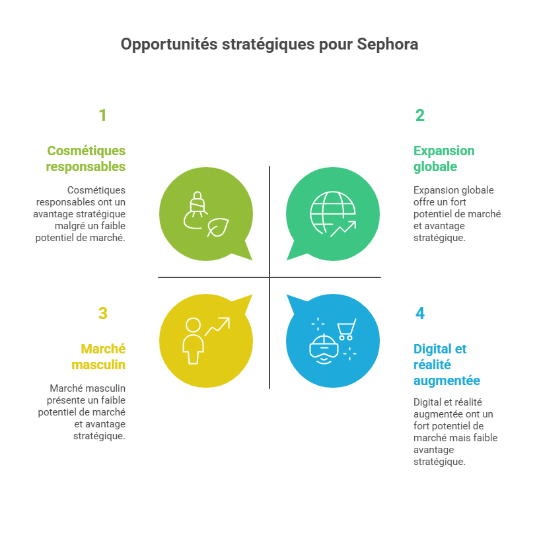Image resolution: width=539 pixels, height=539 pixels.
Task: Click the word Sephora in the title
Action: pyautogui.click(x=387, y=44)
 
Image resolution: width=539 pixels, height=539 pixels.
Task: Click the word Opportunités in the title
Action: pyautogui.click(x=169, y=45)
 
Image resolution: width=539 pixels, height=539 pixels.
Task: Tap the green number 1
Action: pyautogui.click(x=102, y=115)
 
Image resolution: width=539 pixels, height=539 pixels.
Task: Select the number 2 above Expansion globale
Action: pyautogui.click(x=419, y=115)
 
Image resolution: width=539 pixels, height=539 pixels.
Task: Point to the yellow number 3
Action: pyautogui.click(x=103, y=313)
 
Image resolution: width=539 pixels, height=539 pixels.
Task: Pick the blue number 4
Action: pyautogui.click(x=420, y=313)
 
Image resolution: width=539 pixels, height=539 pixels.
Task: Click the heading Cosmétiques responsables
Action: pyautogui.click(x=86, y=159)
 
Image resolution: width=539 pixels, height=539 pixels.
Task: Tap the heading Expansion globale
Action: pyautogui.click(x=444, y=159)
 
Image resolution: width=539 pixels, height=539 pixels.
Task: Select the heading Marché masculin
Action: pyautogui.click(x=98, y=357)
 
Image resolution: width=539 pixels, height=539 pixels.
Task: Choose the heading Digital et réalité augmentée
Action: pyautogui.click(x=447, y=365)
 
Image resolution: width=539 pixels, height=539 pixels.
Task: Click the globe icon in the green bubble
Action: pyautogui.click(x=332, y=213)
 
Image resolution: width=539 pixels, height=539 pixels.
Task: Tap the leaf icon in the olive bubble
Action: pyautogui.click(x=218, y=227)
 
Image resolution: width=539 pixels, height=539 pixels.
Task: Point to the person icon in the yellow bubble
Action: pyautogui.click(x=193, y=341)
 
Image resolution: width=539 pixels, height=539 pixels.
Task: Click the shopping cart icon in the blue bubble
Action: pyautogui.click(x=347, y=330)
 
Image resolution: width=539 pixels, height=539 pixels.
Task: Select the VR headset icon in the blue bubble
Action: pyautogui.click(x=324, y=349)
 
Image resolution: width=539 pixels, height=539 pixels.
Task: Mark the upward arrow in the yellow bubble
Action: pyautogui.click(x=217, y=326)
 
